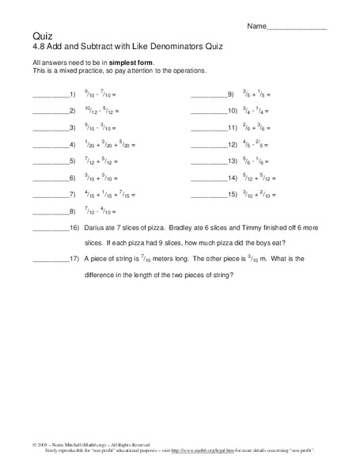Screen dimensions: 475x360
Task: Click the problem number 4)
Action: (x=72, y=145)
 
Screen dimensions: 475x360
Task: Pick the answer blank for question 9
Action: (x=207, y=95)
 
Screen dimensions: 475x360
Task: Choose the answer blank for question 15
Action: (x=207, y=195)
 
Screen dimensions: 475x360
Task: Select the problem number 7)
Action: (x=72, y=195)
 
